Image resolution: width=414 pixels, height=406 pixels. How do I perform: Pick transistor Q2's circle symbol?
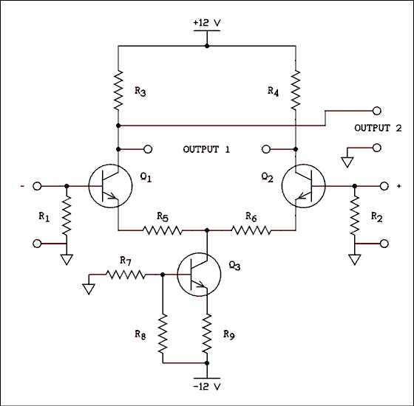304,186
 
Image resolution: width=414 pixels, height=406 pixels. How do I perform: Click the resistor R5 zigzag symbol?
163,230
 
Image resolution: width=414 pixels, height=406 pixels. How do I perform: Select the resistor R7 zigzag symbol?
126,275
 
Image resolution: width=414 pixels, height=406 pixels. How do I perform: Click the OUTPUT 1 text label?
206,149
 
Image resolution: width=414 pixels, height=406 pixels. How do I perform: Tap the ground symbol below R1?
67,259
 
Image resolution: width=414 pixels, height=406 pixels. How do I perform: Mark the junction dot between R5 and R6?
207,230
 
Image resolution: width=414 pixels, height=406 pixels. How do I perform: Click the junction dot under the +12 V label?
207,46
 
